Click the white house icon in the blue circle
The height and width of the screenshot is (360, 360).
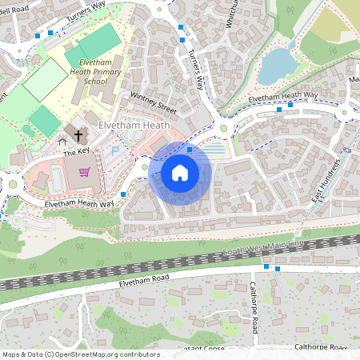pyautogui.click(x=180, y=172)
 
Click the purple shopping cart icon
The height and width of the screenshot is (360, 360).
pyautogui.click(x=84, y=172)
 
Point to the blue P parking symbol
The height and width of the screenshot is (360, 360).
pyautogui.click(x=114, y=150)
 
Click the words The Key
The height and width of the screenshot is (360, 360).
pyautogui.click(x=77, y=151)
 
